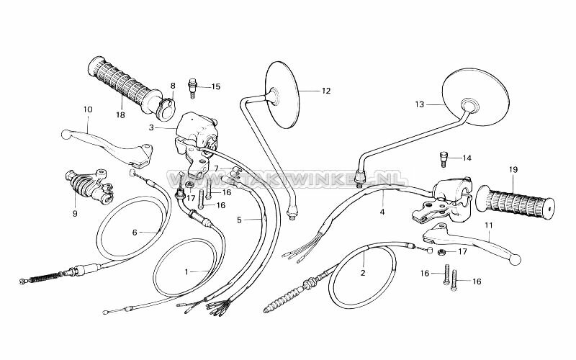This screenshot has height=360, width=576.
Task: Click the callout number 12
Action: coord(325,91)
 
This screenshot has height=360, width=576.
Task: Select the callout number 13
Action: coord(419,104)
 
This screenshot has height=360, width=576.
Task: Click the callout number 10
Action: coord(88,110)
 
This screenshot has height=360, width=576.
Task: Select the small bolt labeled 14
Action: coord(444,158)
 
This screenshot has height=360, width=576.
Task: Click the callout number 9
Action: coord(74,213)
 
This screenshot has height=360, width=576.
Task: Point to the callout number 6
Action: coord(134,232)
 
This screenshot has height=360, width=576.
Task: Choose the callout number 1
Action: coord(186,271)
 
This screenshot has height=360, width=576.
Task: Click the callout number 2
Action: coord(363,273)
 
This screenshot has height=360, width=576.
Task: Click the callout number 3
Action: coord(152,127)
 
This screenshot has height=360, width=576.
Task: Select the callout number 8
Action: coord(173,86)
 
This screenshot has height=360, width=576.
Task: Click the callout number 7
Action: coord(215,168)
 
